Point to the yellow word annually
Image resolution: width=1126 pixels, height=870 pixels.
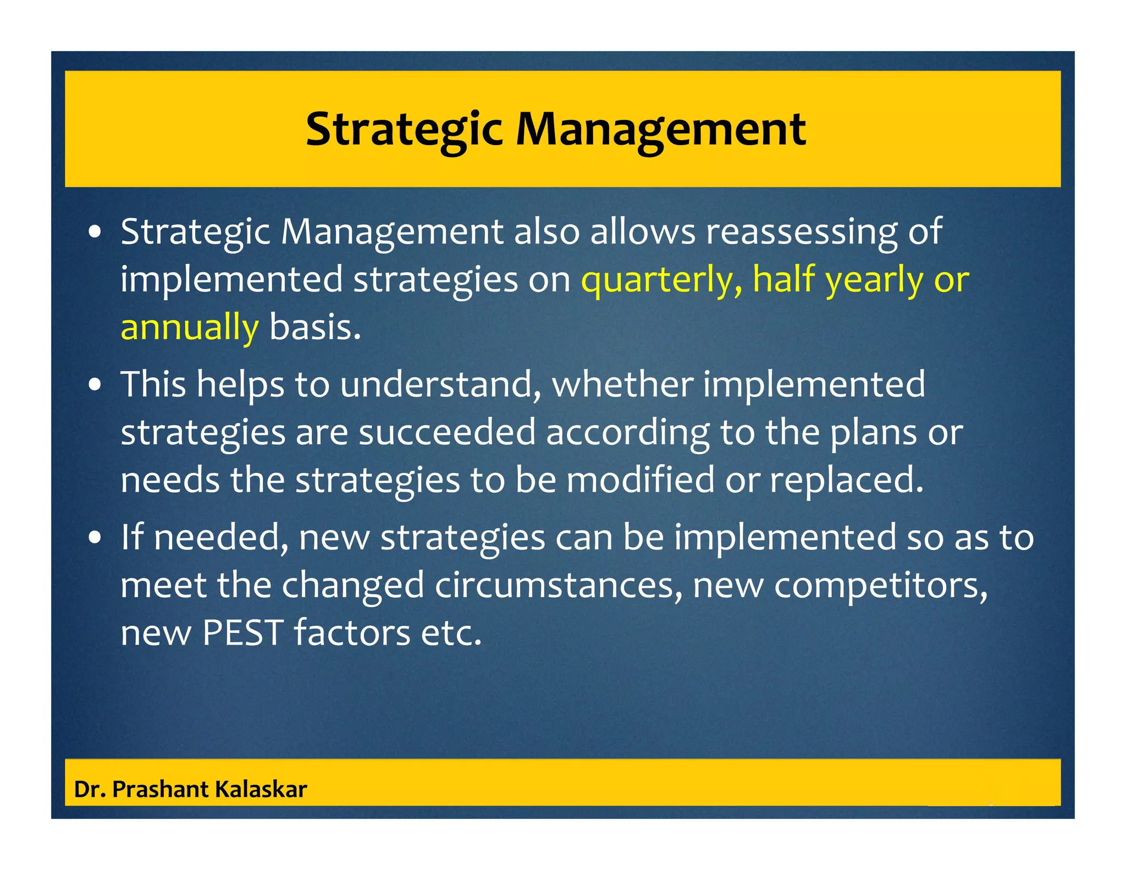pos(189,328)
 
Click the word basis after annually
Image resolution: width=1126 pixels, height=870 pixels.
pos(314,327)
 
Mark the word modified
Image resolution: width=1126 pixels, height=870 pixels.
pos(640,480)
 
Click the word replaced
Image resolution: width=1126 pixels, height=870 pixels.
pos(846,480)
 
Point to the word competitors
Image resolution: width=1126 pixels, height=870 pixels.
pos(881,585)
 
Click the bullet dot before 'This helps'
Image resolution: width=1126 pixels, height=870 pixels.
pos(96,386)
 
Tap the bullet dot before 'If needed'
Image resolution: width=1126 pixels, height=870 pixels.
pos(96,538)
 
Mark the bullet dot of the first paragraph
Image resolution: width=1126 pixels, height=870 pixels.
pos(96,233)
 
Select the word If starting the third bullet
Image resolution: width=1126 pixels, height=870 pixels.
pos(132,537)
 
